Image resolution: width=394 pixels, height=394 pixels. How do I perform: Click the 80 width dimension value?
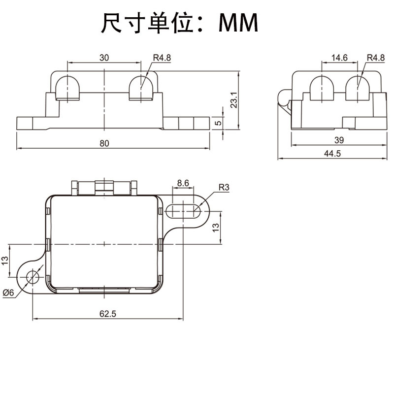(104, 144)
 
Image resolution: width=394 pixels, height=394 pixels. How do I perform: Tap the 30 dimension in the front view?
(104, 58)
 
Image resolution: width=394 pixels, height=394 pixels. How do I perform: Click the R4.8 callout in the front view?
(162, 58)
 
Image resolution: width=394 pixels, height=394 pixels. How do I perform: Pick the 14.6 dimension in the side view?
(339, 58)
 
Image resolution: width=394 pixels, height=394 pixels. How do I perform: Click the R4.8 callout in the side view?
(376, 58)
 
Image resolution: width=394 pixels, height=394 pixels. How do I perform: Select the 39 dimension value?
(339, 140)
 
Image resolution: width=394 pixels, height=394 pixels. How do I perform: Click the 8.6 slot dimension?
(183, 183)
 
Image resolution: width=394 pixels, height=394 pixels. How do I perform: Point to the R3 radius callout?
(224, 187)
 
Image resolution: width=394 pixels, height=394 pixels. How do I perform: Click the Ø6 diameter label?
(8, 293)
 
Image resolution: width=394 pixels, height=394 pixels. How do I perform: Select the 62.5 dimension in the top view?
(107, 313)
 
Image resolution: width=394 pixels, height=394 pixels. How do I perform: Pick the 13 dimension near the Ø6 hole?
(5, 260)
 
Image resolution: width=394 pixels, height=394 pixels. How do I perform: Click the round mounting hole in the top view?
(33, 277)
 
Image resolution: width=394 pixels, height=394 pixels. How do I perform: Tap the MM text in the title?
(239, 23)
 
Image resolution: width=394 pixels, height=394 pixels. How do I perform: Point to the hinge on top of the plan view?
(103, 187)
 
